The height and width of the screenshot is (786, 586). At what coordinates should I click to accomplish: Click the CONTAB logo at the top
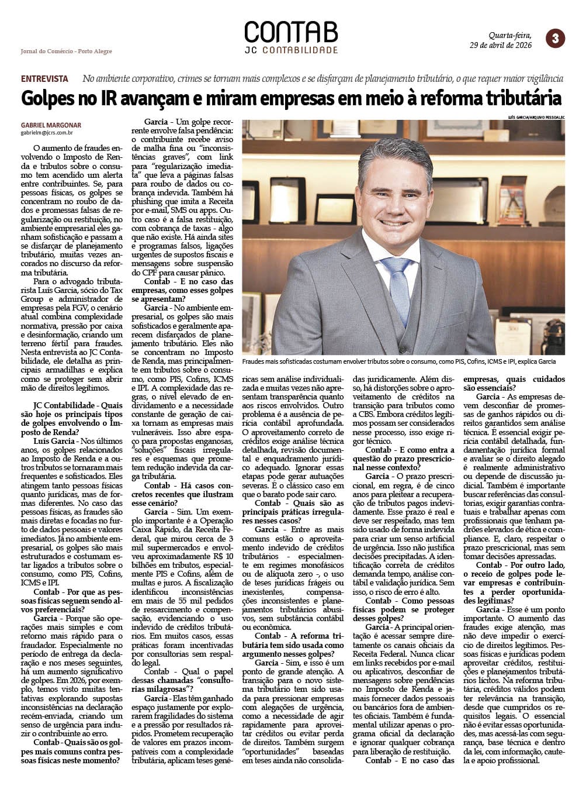tap(290, 32)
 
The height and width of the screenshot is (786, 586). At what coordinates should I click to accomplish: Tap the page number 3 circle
tap(554, 39)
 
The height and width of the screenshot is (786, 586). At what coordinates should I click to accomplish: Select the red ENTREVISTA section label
tap(44, 78)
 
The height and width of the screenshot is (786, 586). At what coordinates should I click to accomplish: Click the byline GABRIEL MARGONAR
tap(51, 125)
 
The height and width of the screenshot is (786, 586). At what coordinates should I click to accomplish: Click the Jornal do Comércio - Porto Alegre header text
tap(66, 51)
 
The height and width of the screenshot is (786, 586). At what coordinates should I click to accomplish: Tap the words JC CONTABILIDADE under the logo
tap(291, 50)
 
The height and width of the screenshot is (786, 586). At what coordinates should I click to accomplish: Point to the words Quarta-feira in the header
tap(510, 35)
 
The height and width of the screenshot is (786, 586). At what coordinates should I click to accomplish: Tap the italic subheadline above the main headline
tap(323, 78)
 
